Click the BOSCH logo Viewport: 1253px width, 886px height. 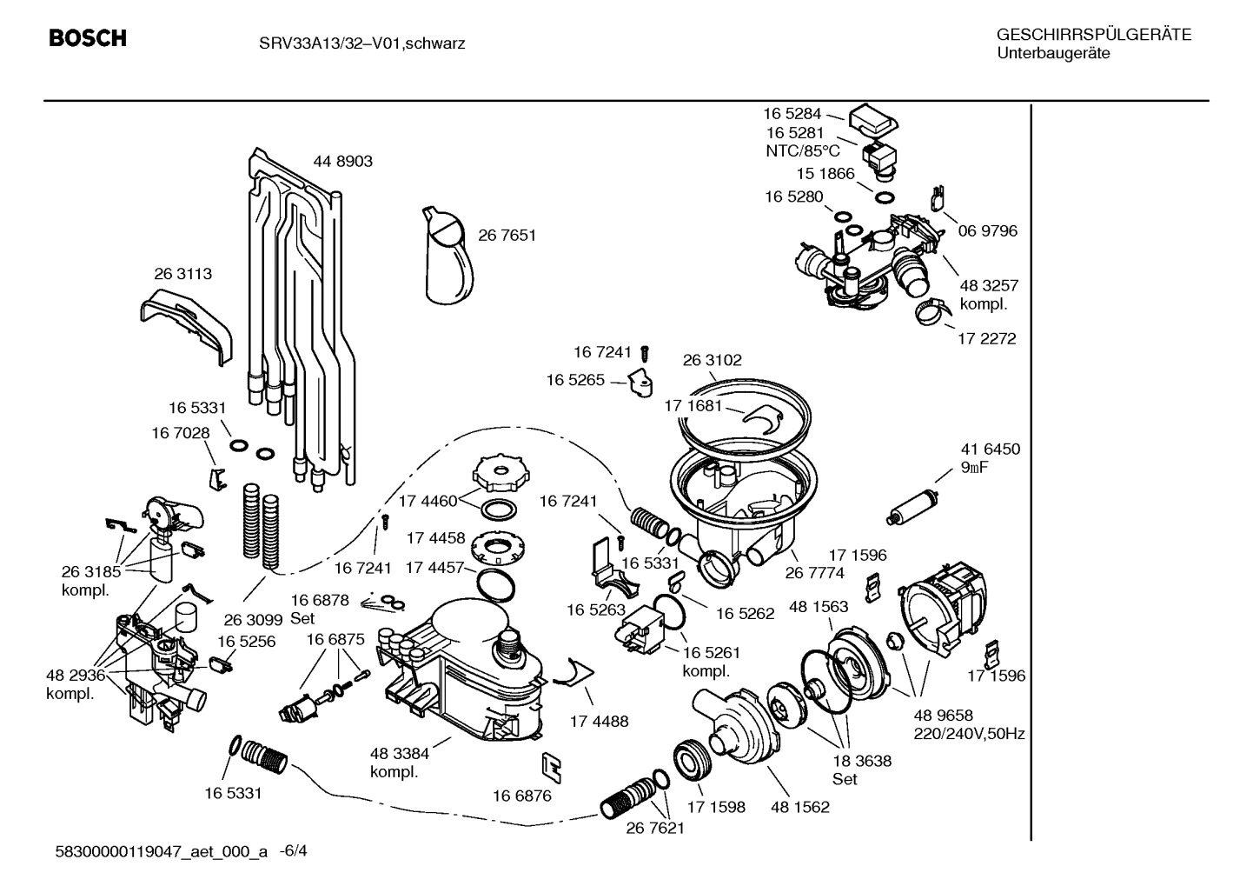(88, 38)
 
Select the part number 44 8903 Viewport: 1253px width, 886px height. (342, 161)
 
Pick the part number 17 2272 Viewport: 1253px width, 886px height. (986, 338)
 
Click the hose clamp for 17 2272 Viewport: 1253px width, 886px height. (929, 310)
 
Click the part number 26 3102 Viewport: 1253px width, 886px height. (712, 360)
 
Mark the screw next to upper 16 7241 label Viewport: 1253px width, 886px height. (645, 353)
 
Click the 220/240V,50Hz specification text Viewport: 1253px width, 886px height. (969, 734)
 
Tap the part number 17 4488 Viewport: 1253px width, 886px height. (599, 721)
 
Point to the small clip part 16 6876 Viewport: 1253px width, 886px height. (550, 764)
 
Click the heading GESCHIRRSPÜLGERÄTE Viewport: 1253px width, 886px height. (1093, 35)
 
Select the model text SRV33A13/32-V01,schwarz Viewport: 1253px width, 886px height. (362, 43)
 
